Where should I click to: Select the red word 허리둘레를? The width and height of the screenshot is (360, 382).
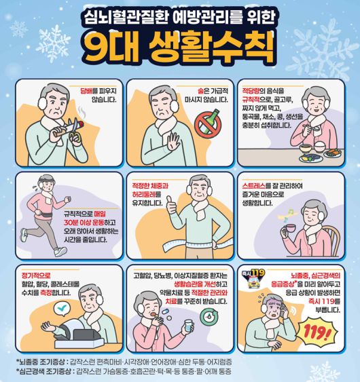147,193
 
